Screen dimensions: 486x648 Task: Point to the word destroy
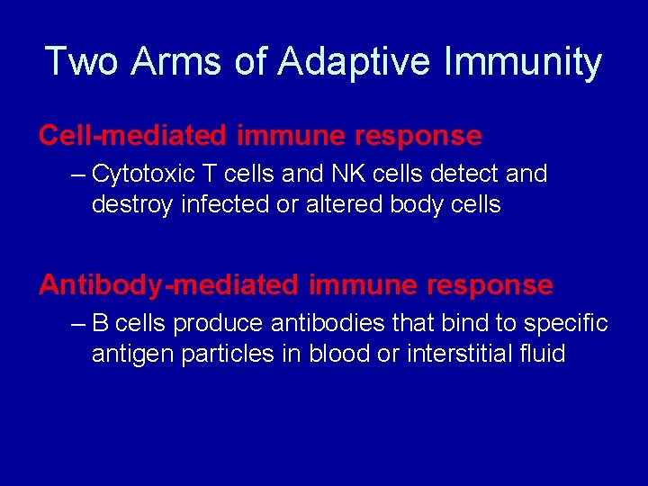pyautogui.click(x=132, y=204)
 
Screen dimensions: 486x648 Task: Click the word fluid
pyautogui.click(x=542, y=354)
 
